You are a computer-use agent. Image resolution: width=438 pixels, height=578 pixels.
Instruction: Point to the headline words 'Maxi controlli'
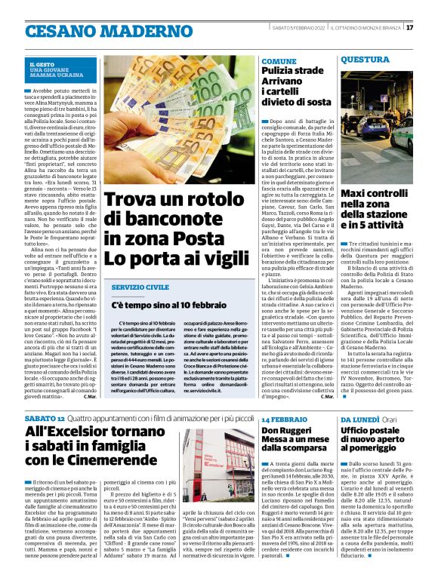(x=376, y=195)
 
